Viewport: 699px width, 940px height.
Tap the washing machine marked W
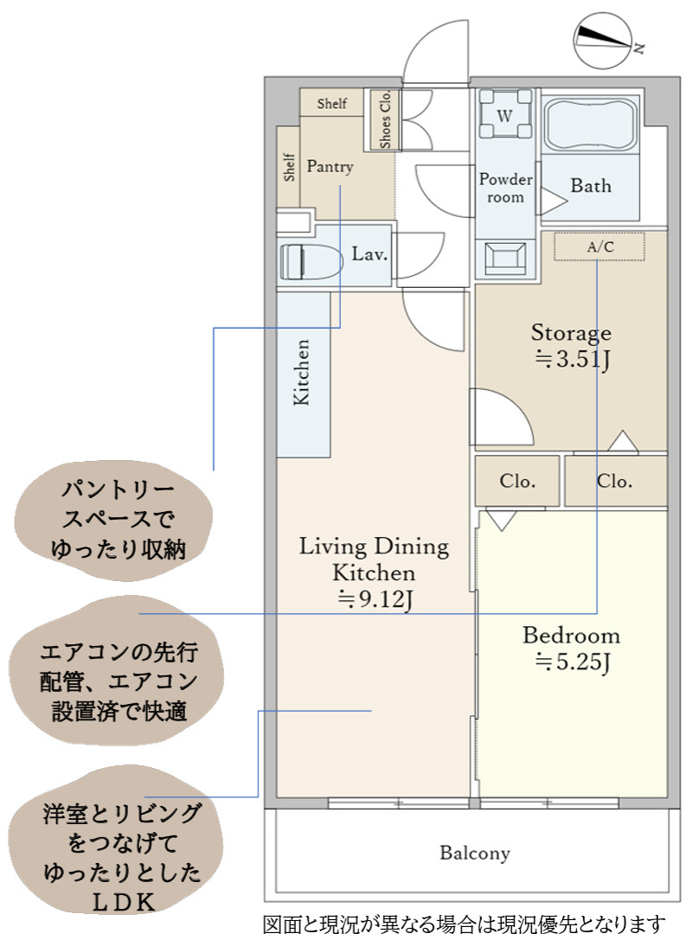point(504,113)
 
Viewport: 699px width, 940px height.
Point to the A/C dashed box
point(600,247)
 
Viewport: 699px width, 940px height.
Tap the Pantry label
point(330,166)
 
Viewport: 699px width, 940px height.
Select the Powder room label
point(506,188)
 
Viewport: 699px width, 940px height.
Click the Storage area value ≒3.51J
point(573,360)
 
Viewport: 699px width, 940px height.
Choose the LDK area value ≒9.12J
point(374,598)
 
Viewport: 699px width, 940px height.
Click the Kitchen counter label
point(302,373)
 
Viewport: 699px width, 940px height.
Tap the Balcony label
point(475,854)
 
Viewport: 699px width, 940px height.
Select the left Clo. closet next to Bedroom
point(516,482)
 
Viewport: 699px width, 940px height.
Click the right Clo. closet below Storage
point(614,482)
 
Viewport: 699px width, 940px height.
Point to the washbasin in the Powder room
point(506,257)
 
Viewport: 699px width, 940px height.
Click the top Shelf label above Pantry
point(331,104)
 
